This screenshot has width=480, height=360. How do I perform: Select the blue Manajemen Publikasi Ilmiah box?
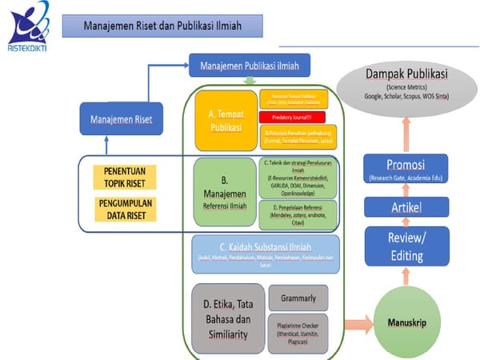tap(248, 64)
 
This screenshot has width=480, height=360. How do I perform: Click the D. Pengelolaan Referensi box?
tap(298, 214)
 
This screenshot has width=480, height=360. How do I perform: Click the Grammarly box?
tap(298, 298)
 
